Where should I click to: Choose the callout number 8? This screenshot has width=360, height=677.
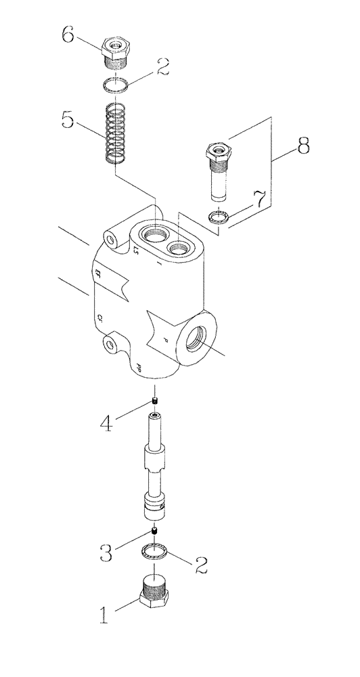click(302, 145)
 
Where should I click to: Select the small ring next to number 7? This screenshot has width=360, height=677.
click(217, 216)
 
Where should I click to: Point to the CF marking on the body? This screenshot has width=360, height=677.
click(99, 316)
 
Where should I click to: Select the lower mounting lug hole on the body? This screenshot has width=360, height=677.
click(110, 345)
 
